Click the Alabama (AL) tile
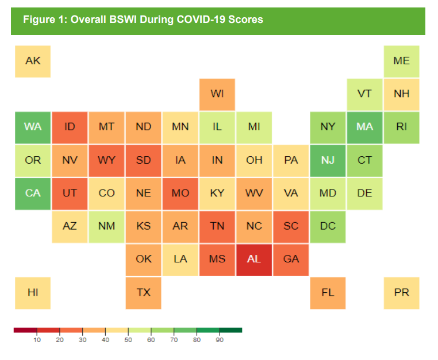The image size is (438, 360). coord(254,259)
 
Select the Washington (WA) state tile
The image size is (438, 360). coord(33,127)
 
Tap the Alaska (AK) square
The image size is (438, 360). coord(33,60)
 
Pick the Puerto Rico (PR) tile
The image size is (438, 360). coord(401,292)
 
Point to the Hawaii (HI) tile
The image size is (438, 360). coord(33,292)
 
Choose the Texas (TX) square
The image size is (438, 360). coord(144,292)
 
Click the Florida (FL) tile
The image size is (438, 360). coord(328,292)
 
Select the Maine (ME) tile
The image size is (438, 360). coord(401,60)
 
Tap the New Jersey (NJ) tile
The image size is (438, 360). coord(328,160)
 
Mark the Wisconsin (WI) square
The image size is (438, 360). coord(217,94)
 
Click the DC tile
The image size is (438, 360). coord(328,226)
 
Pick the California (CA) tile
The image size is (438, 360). coord(33,193)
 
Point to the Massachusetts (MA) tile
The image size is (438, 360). coord(364,127)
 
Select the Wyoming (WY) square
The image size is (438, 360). coord(106,160)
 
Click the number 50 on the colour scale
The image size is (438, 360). coord(128,340)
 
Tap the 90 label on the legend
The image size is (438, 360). coord(219,340)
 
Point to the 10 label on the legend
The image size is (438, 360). coord(37,340)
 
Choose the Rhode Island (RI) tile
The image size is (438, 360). coord(401,127)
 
